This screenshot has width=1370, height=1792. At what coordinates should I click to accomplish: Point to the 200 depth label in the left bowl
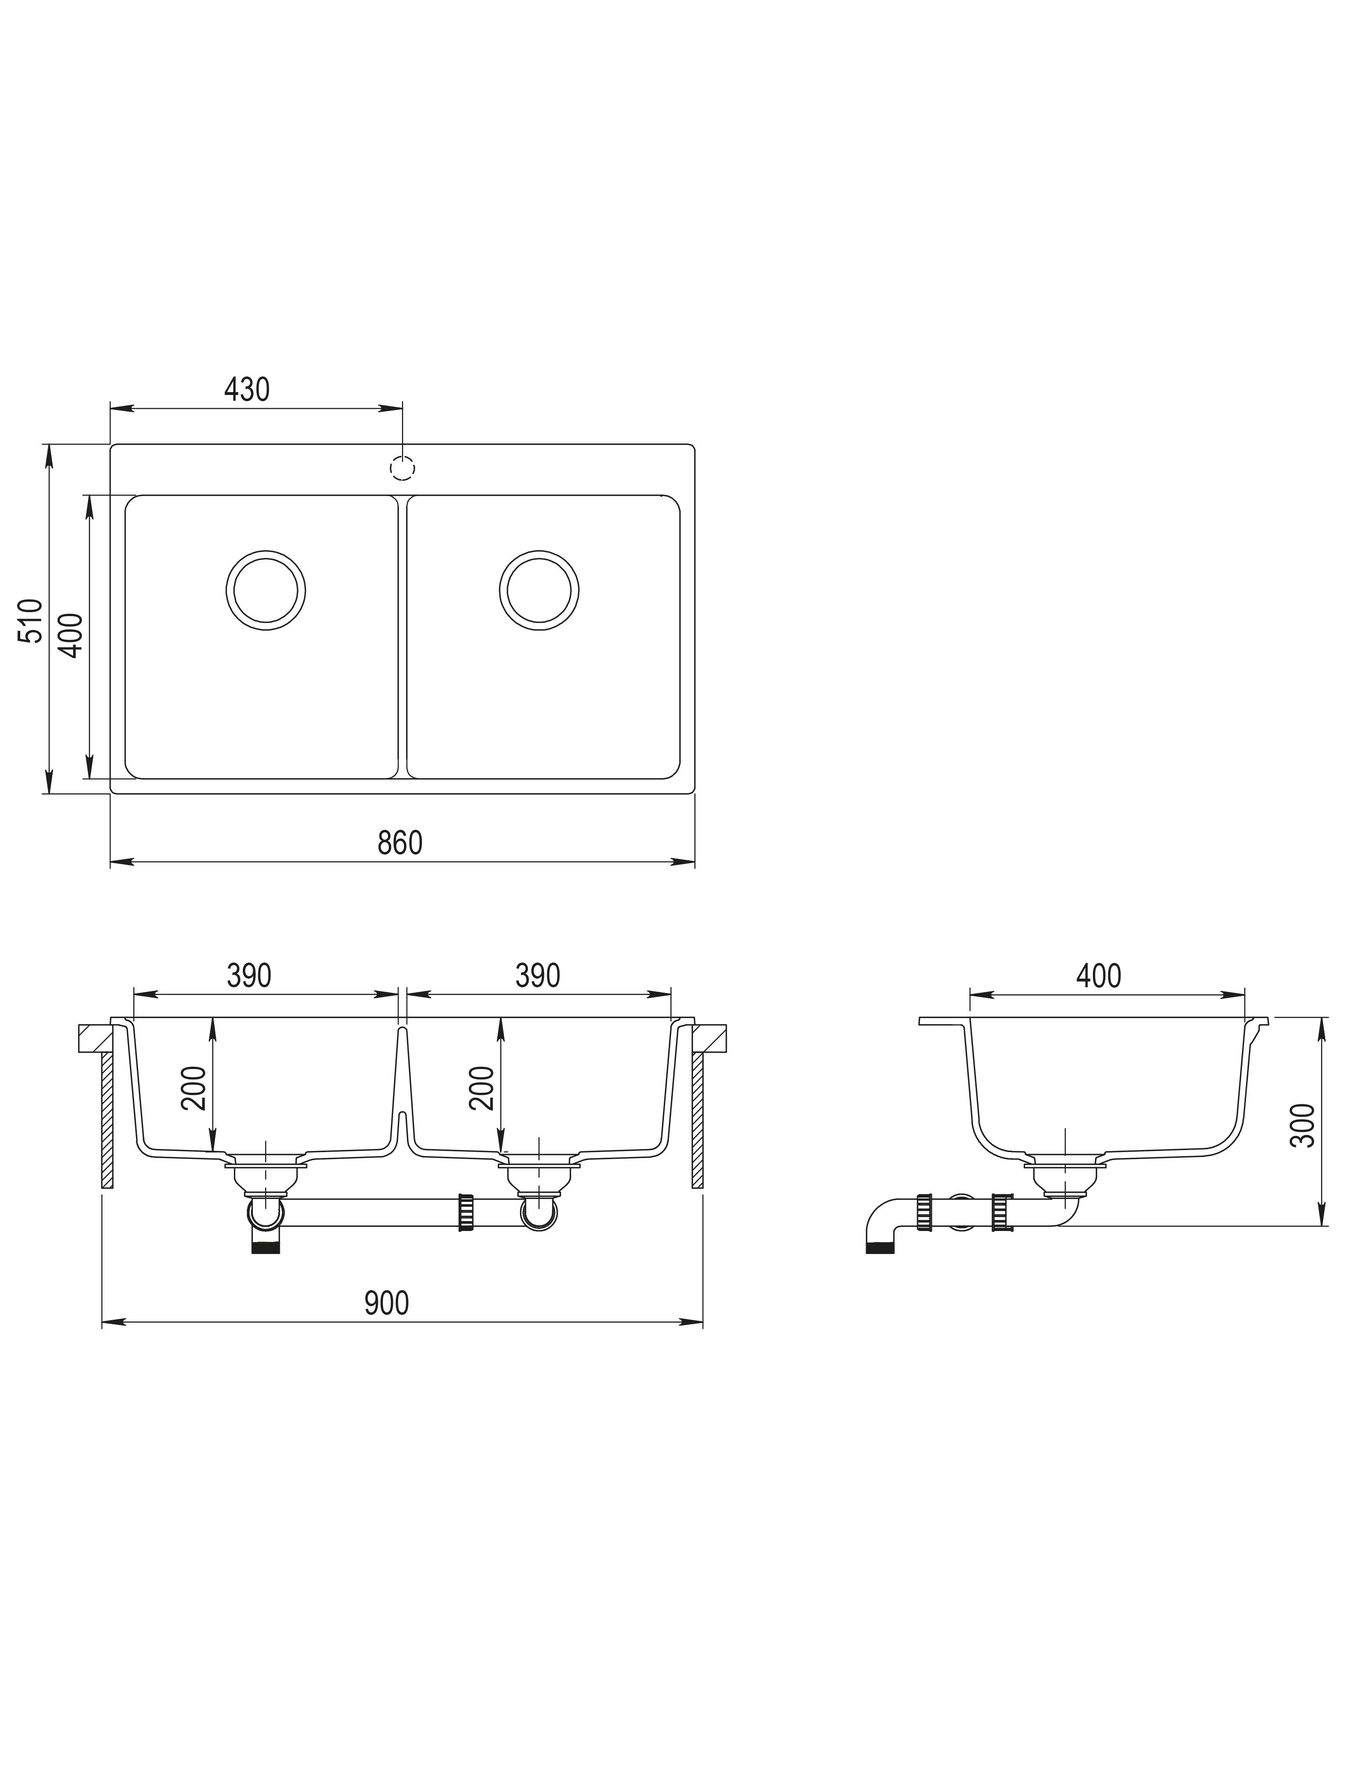[194, 1088]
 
